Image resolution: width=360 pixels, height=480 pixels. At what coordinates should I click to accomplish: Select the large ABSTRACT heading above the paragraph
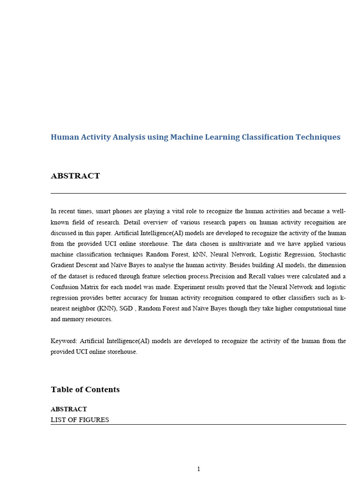pyautogui.click(x=75, y=176)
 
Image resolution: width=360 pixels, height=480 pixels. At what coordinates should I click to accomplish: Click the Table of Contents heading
pyautogui.click(x=85, y=390)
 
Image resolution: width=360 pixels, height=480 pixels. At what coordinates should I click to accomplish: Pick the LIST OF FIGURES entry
pyautogui.click(x=80, y=420)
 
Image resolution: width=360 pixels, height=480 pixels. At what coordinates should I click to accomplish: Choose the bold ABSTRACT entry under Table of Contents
pyautogui.click(x=68, y=409)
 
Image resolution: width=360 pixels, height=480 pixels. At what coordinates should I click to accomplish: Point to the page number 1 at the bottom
pyautogui.click(x=198, y=469)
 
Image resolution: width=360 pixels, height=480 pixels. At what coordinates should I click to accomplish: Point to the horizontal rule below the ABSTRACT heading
pyautogui.click(x=198, y=193)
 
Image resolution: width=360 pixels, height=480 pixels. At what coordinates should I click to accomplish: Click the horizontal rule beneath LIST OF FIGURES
pyautogui.click(x=198, y=425)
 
